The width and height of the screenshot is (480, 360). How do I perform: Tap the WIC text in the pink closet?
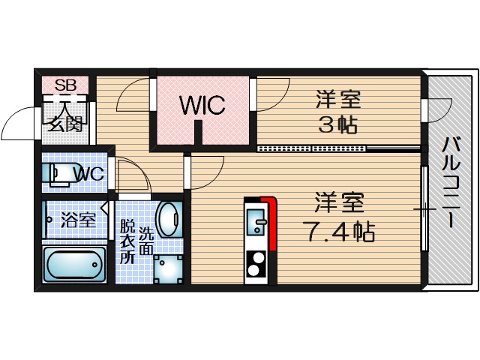pyautogui.click(x=202, y=106)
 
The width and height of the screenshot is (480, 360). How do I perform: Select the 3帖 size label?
pyautogui.click(x=337, y=125)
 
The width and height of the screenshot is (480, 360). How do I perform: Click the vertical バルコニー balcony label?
pyautogui.click(x=451, y=181)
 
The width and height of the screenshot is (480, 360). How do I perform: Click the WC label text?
pyautogui.click(x=89, y=174)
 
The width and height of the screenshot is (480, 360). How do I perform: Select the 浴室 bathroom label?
pyautogui.click(x=78, y=220)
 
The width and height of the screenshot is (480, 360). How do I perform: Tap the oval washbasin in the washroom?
pyautogui.click(x=170, y=219)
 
